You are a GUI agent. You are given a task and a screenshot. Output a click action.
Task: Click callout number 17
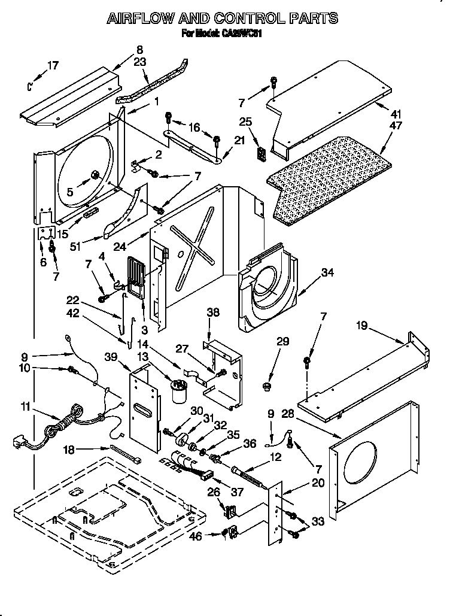coord(53,65)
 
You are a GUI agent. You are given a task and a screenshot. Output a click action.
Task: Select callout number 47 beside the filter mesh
coord(396,126)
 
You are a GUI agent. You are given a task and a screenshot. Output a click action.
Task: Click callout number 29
coord(282,342)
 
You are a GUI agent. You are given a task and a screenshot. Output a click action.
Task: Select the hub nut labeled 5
coord(95,175)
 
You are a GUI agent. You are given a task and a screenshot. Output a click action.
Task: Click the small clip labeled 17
coord(30,86)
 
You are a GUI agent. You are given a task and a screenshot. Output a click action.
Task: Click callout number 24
coord(136,244)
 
